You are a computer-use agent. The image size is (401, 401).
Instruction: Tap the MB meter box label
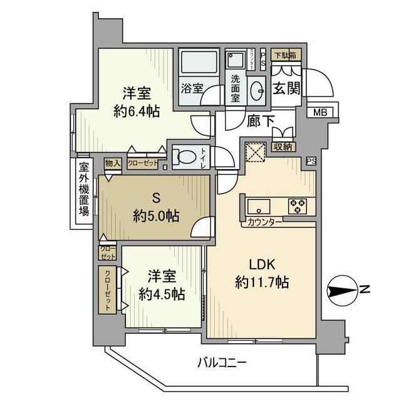tap(320, 113)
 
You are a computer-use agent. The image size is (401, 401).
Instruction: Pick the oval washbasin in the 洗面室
tap(256, 90)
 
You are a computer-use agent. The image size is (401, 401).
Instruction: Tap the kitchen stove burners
tap(296, 205)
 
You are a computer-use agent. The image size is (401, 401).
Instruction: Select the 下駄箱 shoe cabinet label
tap(286, 55)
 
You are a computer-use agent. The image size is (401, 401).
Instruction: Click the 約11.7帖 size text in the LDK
tap(261, 282)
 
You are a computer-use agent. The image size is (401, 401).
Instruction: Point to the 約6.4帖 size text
tap(136, 111)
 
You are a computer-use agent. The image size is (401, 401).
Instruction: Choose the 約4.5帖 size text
tap(161, 293)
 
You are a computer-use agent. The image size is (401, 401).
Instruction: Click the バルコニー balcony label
tap(222, 362)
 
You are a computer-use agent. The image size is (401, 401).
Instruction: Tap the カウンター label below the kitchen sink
tap(264, 221)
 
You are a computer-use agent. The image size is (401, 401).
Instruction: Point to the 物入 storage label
tap(112, 163)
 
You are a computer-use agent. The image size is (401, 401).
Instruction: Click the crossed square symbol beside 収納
tap(256, 152)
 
